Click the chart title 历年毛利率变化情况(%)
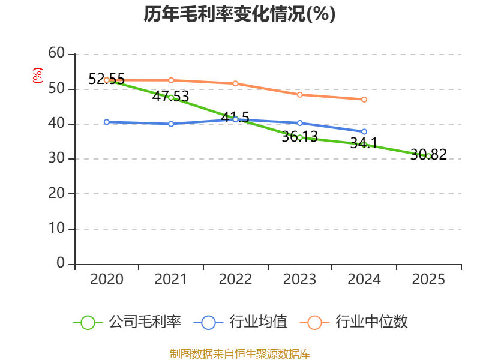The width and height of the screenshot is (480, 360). [239, 14]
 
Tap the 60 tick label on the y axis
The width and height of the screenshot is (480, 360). [56, 53]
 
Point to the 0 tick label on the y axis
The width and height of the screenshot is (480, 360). [61, 263]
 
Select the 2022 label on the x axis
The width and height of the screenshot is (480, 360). [235, 279]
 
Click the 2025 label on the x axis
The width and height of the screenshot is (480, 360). [428, 279]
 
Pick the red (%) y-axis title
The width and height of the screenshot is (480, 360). [38, 76]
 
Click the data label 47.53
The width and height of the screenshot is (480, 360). [170, 97]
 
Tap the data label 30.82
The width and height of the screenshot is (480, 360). [428, 154]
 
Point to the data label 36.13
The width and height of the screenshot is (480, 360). [299, 137]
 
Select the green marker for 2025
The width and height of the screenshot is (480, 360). [428, 157]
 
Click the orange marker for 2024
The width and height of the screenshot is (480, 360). [364, 100]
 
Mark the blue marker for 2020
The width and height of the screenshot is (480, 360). [107, 122]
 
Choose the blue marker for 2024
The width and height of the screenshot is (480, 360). [364, 131]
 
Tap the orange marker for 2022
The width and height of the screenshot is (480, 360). [235, 83]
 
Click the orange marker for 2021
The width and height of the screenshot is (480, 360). [171, 80]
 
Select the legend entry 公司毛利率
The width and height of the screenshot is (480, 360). [127, 322]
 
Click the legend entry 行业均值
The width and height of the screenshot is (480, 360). [241, 322]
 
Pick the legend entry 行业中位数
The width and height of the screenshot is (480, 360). [353, 322]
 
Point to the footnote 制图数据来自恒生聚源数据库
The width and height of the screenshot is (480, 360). [239, 354]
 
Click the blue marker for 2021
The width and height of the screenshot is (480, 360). [171, 124]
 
